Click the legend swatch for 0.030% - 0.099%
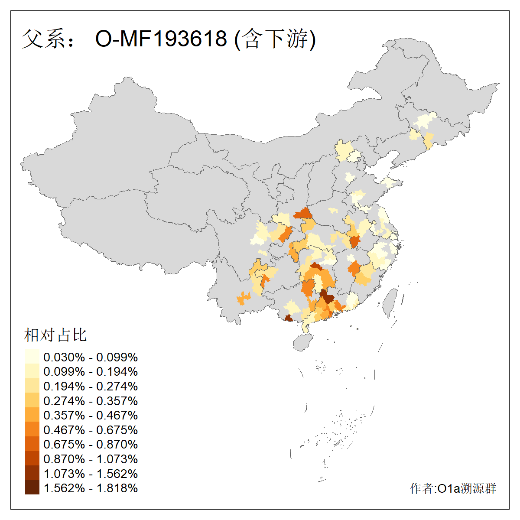click(32, 357)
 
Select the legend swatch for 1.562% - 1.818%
click(32, 488)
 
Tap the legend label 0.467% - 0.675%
click(91, 430)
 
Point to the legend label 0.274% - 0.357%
click(91, 401)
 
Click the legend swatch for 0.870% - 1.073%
click(32, 459)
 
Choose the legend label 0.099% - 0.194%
click(91, 372)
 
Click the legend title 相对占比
click(55, 335)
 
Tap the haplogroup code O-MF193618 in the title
click(161, 39)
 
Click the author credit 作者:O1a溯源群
click(453, 488)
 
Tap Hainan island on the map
click(303, 342)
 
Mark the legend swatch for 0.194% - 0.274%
click(32, 386)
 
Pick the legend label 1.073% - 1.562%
click(91, 474)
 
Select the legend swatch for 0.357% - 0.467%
click(32, 415)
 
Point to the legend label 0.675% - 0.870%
click(91, 445)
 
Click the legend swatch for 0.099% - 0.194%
click(32, 372)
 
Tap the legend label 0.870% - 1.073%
click(91, 459)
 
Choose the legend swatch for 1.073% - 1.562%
click(32, 474)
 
